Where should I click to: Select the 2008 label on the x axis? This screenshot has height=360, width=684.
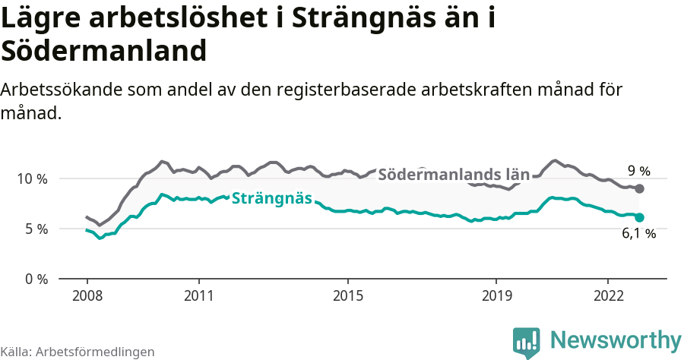pyautogui.click(x=87, y=295)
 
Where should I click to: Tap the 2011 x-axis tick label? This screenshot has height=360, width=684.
pyautogui.click(x=198, y=295)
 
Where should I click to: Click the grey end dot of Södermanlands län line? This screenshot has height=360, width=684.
pyautogui.click(x=640, y=188)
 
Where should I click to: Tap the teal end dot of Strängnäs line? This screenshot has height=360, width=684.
pyautogui.click(x=640, y=217)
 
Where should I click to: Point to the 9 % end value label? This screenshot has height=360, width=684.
pyautogui.click(x=638, y=171)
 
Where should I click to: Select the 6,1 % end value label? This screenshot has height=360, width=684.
pyautogui.click(x=638, y=234)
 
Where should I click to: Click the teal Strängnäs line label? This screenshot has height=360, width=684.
pyautogui.click(x=271, y=199)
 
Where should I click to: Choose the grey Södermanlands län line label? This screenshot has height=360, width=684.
pyautogui.click(x=454, y=175)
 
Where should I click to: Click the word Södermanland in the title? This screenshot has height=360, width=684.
pyautogui.click(x=104, y=51)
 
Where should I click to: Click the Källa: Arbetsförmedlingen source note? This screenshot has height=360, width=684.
pyautogui.click(x=78, y=352)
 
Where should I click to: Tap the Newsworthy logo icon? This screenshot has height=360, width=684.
pyautogui.click(x=526, y=343)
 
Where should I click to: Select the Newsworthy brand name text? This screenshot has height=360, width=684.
pyautogui.click(x=616, y=340)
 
